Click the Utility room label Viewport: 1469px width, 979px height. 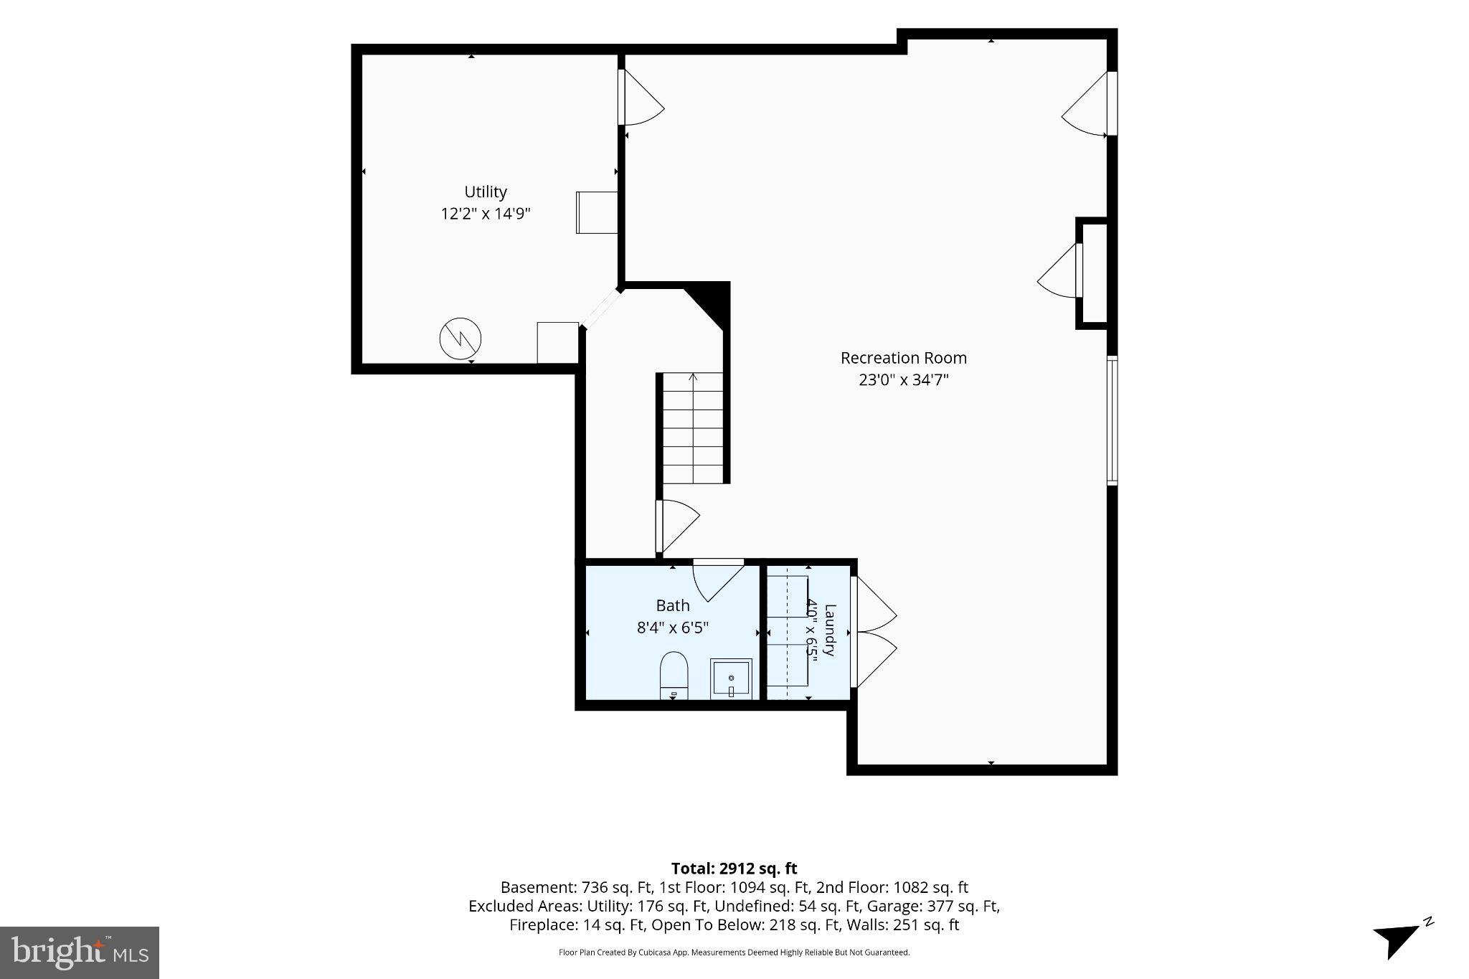pyautogui.click(x=486, y=192)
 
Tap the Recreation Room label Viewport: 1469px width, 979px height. pyautogui.click(x=904, y=358)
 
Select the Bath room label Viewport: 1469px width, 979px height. pyautogui.click(x=673, y=606)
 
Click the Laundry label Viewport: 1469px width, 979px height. pyautogui.click(x=830, y=630)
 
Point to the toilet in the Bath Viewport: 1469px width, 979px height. pyautogui.click(x=674, y=675)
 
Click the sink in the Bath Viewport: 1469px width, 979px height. pyautogui.click(x=731, y=678)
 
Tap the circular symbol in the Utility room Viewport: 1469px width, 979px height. pyautogui.click(x=460, y=339)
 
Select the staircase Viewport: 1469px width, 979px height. pyautogui.click(x=692, y=427)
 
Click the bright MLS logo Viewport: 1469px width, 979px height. pyautogui.click(x=80, y=952)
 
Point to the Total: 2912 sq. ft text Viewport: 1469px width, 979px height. pyautogui.click(x=734, y=869)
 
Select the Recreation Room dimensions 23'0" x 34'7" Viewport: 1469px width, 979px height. pyautogui.click(x=904, y=379)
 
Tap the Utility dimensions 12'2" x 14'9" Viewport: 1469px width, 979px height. pyautogui.click(x=486, y=214)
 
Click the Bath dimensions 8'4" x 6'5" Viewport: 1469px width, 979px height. pyautogui.click(x=673, y=628)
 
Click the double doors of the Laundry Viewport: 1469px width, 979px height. pyautogui.click(x=874, y=632)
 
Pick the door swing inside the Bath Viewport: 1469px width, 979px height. pyautogui.click(x=718, y=579)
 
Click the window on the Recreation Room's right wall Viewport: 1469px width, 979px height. pyautogui.click(x=1112, y=420)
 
